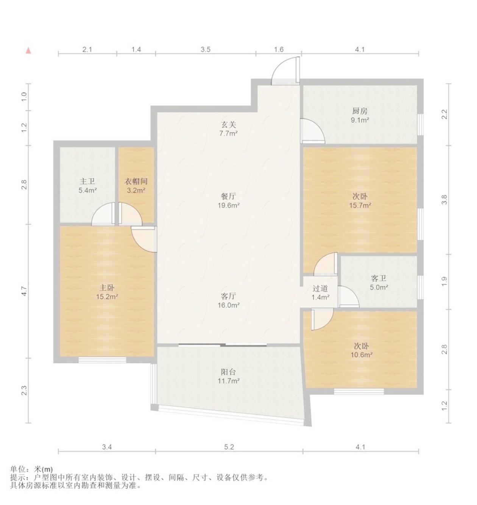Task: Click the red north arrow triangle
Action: pyautogui.click(x=28, y=50)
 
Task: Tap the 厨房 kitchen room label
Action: pyautogui.click(x=360, y=111)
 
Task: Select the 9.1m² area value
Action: pyautogui.click(x=360, y=120)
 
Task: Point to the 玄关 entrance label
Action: pyautogui.click(x=228, y=125)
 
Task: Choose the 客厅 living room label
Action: pyautogui.click(x=228, y=296)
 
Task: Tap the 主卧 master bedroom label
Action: pyautogui.click(x=107, y=288)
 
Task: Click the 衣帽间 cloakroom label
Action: pyautogui.click(x=136, y=181)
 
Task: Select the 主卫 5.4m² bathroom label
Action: pyautogui.click(x=87, y=186)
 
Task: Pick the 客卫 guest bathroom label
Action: pyautogui.click(x=379, y=278)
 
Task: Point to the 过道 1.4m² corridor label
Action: pyautogui.click(x=320, y=292)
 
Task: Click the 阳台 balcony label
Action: pyautogui.click(x=228, y=372)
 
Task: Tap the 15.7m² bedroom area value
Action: pyautogui.click(x=360, y=205)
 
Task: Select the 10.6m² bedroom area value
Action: pyautogui.click(x=362, y=355)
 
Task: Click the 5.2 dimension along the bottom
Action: pyautogui.click(x=229, y=447)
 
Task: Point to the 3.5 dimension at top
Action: pyautogui.click(x=206, y=49)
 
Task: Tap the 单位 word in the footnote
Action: pyautogui.click(x=17, y=469)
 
